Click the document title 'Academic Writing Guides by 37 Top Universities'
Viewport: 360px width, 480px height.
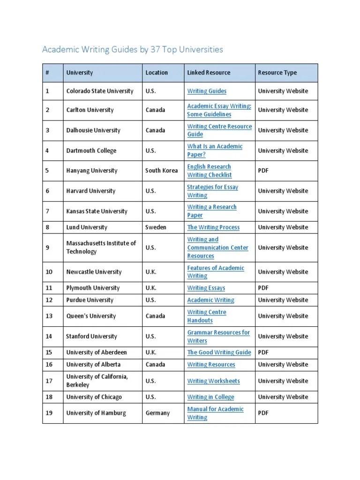click(x=133, y=49)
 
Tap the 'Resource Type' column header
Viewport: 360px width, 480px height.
click(x=277, y=73)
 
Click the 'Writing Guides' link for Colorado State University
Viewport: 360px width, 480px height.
click(x=207, y=91)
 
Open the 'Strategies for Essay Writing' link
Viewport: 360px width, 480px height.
click(x=212, y=191)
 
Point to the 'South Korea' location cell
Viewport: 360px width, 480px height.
click(x=161, y=171)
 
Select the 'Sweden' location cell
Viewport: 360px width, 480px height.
click(x=156, y=227)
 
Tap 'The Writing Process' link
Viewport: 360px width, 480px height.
click(x=213, y=227)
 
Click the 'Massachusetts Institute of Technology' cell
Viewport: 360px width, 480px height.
click(x=101, y=247)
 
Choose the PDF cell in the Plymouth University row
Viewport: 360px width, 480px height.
click(x=263, y=288)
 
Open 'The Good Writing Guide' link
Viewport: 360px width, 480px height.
click(x=219, y=352)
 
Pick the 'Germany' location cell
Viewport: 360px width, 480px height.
click(x=157, y=413)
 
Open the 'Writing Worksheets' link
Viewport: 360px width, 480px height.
click(x=213, y=381)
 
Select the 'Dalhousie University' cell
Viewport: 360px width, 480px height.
click(x=93, y=130)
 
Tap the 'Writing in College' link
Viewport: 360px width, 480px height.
click(x=210, y=397)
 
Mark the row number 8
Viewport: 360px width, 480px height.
click(x=47, y=227)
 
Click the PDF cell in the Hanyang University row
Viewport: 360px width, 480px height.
click(x=263, y=171)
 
